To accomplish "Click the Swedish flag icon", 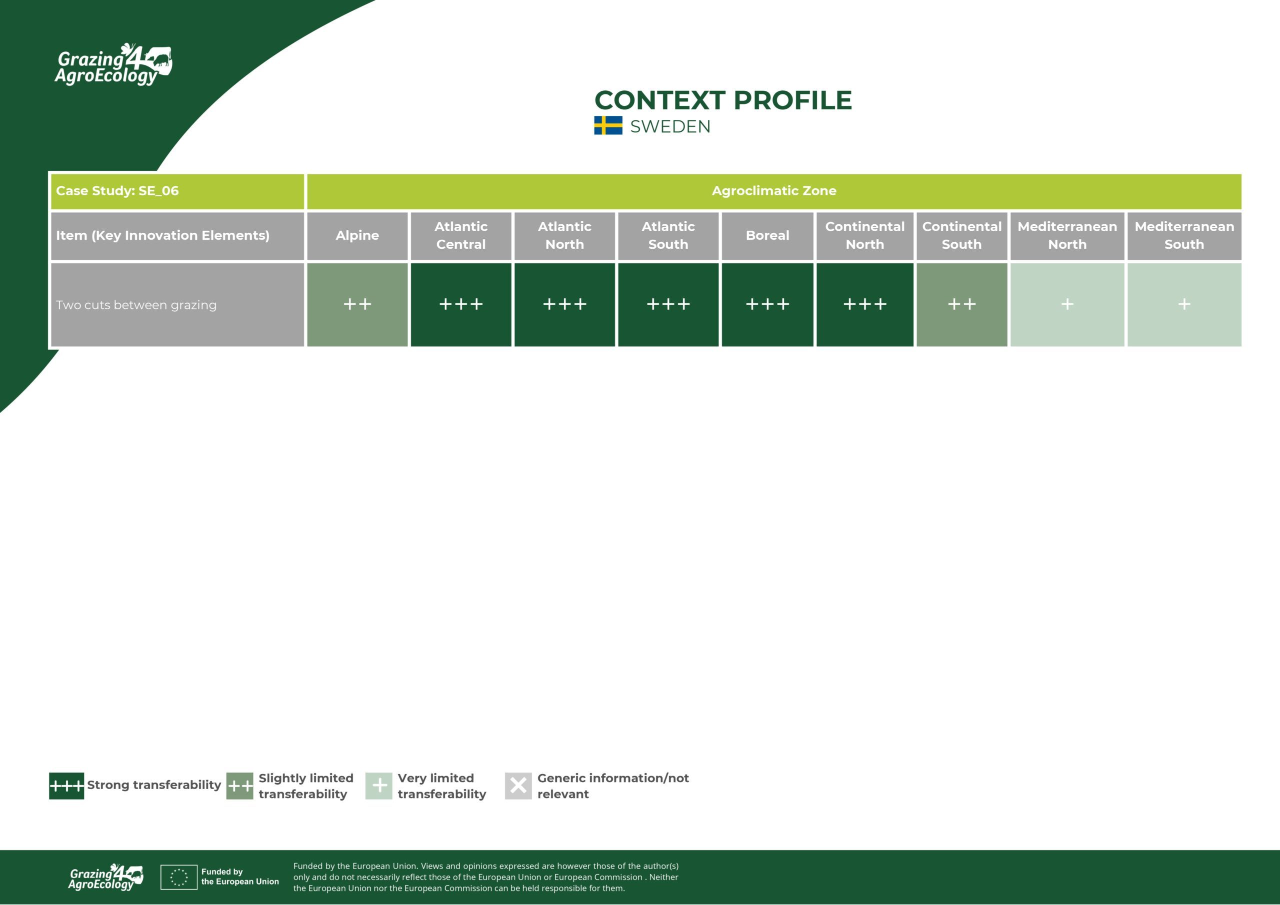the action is pyautogui.click(x=608, y=125).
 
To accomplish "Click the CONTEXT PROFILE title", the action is pyautogui.click(x=723, y=100).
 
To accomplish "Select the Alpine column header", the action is pyautogui.click(x=357, y=236).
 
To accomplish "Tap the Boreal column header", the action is pyautogui.click(x=767, y=236).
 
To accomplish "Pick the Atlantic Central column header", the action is pyautogui.click(x=460, y=236).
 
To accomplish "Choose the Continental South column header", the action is pyautogui.click(x=961, y=236).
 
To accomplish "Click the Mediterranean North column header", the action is pyautogui.click(x=1067, y=236).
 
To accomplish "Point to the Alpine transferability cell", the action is pyautogui.click(x=357, y=305).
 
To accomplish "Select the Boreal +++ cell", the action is pyautogui.click(x=767, y=305).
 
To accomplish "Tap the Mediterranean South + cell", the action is pyautogui.click(x=1184, y=305).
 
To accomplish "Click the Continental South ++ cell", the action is pyautogui.click(x=961, y=305).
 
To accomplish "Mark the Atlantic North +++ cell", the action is pyautogui.click(x=564, y=305).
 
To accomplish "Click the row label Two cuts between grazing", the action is pyautogui.click(x=136, y=305).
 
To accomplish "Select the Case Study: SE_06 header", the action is pyautogui.click(x=117, y=191).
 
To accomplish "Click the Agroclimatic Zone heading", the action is pyautogui.click(x=774, y=191).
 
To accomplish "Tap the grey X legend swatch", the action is pyautogui.click(x=518, y=786).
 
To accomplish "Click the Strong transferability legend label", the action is pyautogui.click(x=154, y=785).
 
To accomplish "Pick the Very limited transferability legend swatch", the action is pyautogui.click(x=378, y=786).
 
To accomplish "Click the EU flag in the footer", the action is pyautogui.click(x=178, y=877).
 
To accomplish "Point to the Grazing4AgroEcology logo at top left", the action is pyautogui.click(x=113, y=64).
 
